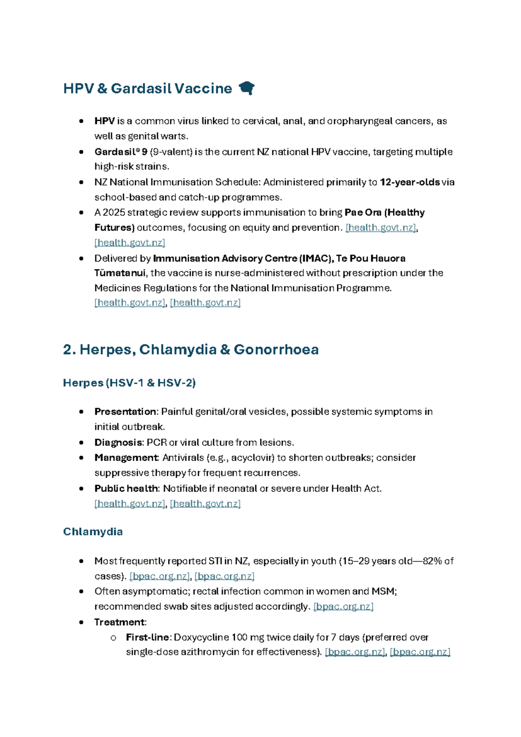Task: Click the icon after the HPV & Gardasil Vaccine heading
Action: (x=247, y=88)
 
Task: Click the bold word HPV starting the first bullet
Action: (x=104, y=121)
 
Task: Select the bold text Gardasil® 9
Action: (x=121, y=152)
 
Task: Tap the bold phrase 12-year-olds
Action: (x=409, y=182)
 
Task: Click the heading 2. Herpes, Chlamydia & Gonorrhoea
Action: (x=191, y=349)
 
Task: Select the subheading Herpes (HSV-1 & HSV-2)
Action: (x=129, y=383)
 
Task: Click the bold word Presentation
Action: (x=125, y=412)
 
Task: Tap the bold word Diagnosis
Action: (x=118, y=442)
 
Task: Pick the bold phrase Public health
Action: (x=126, y=488)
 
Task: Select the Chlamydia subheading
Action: (x=93, y=531)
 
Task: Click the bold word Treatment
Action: (x=120, y=622)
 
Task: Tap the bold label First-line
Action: (x=148, y=637)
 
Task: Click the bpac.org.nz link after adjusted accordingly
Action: (x=343, y=606)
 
